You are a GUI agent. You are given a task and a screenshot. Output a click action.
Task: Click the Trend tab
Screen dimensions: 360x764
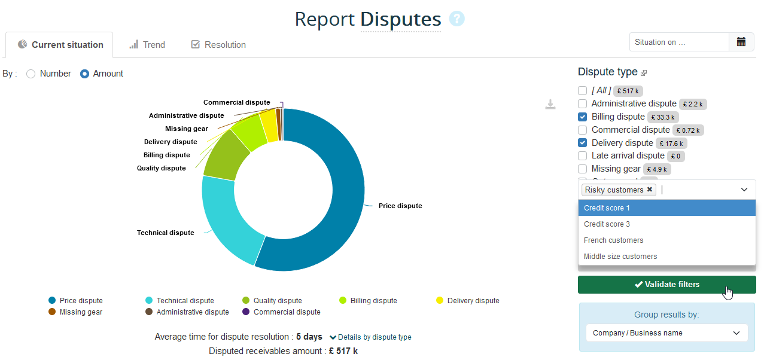coord(147,45)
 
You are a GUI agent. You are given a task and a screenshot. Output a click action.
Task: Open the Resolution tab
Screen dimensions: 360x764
coord(218,45)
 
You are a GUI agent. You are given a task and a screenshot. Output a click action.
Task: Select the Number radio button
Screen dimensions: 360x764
coord(31,74)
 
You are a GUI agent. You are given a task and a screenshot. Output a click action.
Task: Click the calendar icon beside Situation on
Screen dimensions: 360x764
coord(741,42)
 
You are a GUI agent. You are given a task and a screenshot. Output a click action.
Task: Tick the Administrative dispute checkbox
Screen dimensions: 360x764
coord(583,103)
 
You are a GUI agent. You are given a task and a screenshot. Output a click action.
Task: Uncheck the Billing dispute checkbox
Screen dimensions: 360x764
coord(583,117)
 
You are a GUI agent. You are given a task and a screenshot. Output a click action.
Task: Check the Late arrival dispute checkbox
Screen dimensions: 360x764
coord(583,156)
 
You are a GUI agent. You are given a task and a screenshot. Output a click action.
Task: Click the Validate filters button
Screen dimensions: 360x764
coord(666,285)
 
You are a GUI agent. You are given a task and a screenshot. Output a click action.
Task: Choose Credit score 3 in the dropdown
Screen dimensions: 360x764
coord(607,224)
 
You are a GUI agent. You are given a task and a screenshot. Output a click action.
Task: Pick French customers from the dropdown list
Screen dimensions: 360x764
coord(613,240)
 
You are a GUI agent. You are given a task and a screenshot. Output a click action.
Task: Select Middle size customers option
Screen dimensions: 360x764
coord(620,257)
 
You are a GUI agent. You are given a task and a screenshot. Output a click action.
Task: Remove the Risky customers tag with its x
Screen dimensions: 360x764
coord(650,190)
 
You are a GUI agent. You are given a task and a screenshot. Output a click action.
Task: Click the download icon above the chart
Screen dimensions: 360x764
coord(550,105)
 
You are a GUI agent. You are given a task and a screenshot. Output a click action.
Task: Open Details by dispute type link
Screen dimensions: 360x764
coord(370,337)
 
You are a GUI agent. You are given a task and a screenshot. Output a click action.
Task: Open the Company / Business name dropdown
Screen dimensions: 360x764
coord(666,333)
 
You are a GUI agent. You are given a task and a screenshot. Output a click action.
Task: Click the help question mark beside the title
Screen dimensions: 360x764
coord(456,19)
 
